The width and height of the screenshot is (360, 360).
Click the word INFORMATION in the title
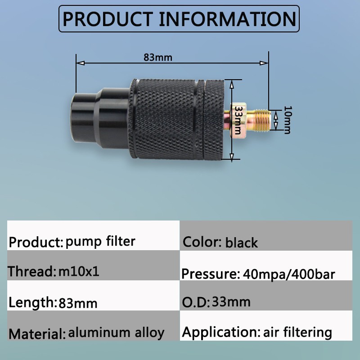point(228,19)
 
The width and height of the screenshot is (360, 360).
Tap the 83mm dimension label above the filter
point(158,58)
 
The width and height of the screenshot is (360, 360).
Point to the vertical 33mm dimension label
point(238,120)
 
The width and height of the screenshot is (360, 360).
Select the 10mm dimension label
point(288,120)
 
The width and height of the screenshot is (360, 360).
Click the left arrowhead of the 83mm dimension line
point(80,63)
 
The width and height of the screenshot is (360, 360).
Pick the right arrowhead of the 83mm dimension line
point(264,63)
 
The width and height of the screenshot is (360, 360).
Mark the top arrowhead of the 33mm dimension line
point(232,84)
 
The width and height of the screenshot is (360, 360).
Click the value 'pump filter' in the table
point(100,242)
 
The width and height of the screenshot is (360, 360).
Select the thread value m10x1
point(79,271)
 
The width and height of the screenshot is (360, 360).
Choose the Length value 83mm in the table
point(78,303)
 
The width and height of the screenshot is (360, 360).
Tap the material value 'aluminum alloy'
point(116,333)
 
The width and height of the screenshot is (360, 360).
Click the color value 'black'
point(242,243)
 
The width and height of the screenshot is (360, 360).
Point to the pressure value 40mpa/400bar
point(289,274)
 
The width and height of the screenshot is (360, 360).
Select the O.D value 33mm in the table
point(231,301)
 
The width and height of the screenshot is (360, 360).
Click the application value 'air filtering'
point(297,332)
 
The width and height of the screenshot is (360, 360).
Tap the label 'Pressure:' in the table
point(211,274)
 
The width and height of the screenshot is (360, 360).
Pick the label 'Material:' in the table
point(37,333)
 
